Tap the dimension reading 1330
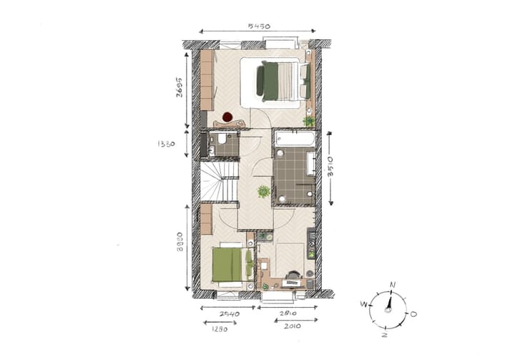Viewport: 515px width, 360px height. (x=167, y=143)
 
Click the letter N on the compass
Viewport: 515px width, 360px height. (x=392, y=285)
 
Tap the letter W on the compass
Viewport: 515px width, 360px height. (x=363, y=304)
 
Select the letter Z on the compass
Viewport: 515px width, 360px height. (x=385, y=334)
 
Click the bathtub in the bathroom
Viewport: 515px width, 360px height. (x=293, y=139)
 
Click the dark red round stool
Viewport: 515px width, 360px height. (x=227, y=117)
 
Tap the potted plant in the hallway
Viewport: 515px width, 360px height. (x=264, y=191)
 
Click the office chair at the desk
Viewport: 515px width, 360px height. (x=294, y=275)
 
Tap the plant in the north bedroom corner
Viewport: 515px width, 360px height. (x=308, y=122)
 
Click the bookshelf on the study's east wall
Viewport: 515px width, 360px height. (x=311, y=243)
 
